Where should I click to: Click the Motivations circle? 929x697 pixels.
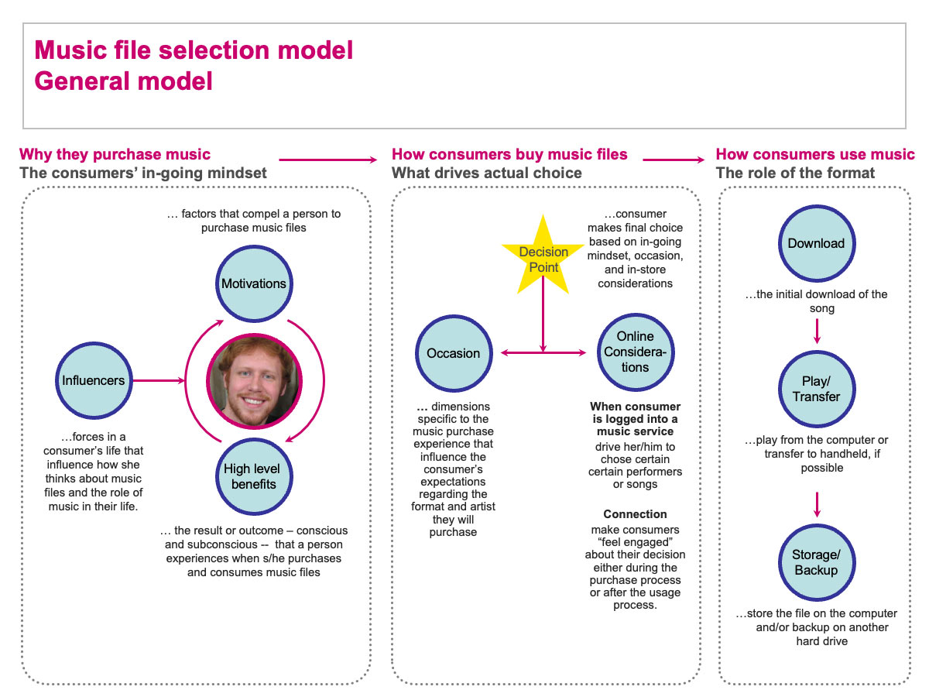254,283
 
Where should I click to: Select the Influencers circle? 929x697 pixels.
94,380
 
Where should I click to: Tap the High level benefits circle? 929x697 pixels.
252,476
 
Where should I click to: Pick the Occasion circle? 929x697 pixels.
454,353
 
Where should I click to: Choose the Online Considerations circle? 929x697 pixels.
635,352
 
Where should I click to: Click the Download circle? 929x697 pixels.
816,243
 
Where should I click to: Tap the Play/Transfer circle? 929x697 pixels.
816,389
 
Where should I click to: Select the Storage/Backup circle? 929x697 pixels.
816,562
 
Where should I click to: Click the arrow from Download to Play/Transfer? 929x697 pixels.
817,330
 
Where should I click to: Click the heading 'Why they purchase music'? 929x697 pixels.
115,154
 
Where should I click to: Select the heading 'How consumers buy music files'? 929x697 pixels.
509,154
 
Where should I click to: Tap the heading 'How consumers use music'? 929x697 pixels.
815,154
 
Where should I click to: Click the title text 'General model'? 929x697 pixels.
124,81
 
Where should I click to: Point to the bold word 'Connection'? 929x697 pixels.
635,514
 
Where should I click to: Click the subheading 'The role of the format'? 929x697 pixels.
796,173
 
